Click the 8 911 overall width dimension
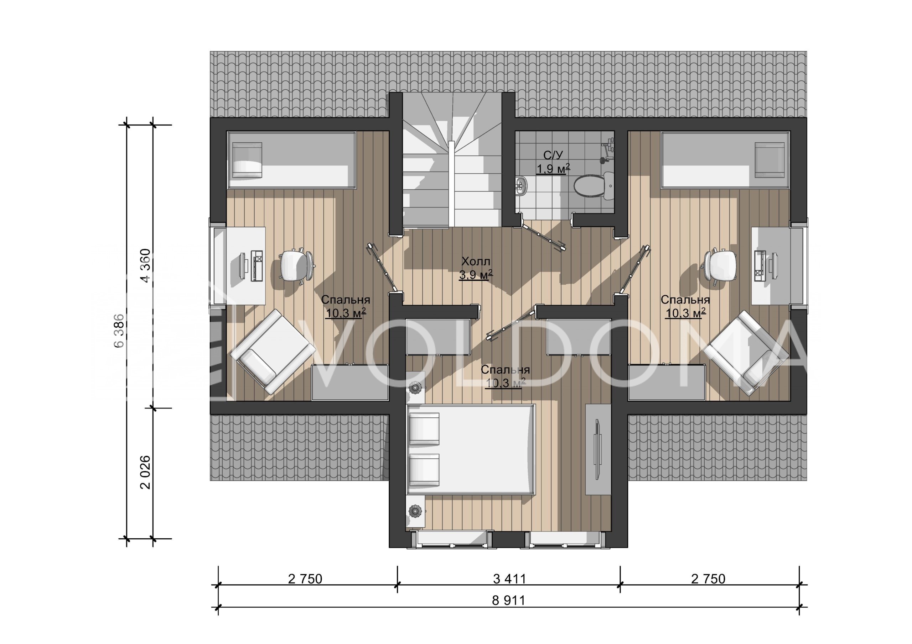tap(508, 600)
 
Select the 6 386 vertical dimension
tap(119, 331)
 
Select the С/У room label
tap(553, 155)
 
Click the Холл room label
tap(476, 262)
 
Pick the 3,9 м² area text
tap(476, 274)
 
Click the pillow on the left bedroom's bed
tap(247, 160)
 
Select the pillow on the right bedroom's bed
tap(769, 160)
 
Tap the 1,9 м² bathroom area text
tap(553, 169)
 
